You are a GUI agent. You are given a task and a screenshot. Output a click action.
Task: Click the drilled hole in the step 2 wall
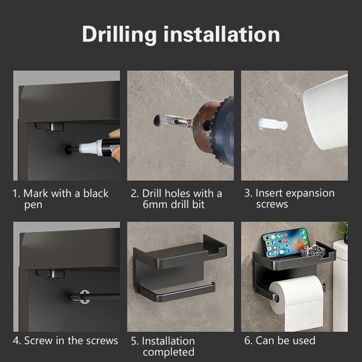157,120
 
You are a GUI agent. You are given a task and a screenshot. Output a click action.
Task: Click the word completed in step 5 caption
168,352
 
